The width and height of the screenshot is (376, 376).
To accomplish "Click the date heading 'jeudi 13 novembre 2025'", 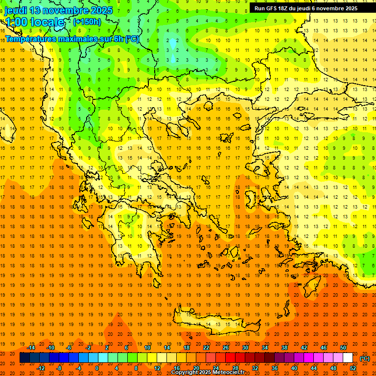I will coord(59,10).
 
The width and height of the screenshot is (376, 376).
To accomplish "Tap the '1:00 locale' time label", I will coord(35,22).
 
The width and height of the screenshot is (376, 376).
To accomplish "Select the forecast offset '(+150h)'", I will coord(87,22).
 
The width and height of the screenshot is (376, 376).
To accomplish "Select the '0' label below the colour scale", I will coord(97,368).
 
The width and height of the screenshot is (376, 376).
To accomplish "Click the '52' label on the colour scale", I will coord(353,368).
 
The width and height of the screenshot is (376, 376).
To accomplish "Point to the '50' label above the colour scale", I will coord(343,348).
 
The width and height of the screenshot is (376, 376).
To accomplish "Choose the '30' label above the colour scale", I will coord(245,348).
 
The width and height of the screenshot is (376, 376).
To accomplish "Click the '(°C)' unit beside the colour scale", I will coord(365,358).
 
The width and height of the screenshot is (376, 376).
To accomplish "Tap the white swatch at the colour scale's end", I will coord(348,358).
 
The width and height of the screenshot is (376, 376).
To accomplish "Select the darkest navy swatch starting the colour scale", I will coord(24,358).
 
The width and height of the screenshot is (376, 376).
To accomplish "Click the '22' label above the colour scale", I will coord(206,348).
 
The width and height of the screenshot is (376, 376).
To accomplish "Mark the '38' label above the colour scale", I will coord(284,348).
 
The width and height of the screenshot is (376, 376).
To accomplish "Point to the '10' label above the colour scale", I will coord(147,348).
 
